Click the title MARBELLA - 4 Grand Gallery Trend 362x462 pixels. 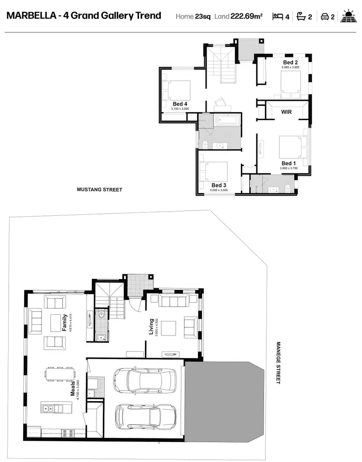(84, 15)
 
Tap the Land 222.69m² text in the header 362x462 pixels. (238, 16)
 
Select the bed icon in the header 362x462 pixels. (278, 16)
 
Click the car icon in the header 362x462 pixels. (325, 16)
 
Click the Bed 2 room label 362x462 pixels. (290, 63)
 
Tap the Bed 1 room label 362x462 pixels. (288, 164)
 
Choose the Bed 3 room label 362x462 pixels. (219, 185)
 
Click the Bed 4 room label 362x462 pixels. (180, 104)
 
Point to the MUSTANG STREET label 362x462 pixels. (99, 190)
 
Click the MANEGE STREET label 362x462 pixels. (278, 363)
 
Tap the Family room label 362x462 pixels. (64, 322)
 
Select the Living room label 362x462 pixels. (152, 327)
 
